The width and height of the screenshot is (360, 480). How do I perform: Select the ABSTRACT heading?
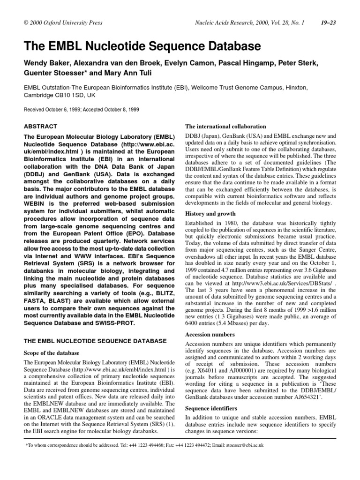pyautogui.click(x=40, y=127)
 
